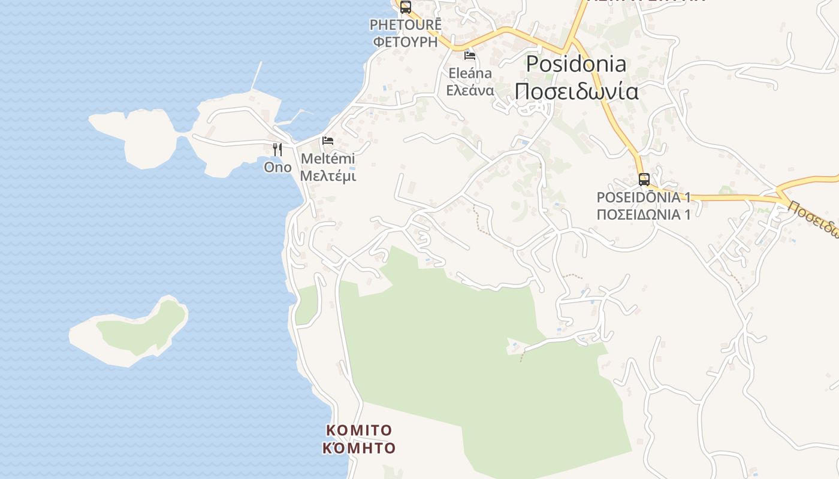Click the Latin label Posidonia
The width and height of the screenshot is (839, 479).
point(576,64)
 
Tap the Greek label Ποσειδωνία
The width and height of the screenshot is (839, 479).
point(576,92)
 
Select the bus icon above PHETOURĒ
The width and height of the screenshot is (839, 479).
point(406,7)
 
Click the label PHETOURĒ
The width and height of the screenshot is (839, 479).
point(406,25)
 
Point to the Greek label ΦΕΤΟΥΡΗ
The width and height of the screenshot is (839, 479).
point(406,41)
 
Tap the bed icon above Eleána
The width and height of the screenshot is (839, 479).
point(470,56)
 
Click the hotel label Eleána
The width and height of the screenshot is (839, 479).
point(470,74)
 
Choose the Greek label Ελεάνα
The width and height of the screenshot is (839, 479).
point(470,90)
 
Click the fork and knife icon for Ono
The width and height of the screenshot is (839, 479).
point(277,150)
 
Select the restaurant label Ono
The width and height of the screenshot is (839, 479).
point(277,168)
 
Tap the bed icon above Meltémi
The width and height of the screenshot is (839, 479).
point(328,141)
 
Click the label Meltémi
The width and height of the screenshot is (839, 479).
point(328,159)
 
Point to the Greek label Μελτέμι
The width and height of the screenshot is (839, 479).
point(328,176)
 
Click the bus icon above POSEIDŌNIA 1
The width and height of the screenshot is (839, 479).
point(644,179)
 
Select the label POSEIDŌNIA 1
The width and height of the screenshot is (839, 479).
point(644,198)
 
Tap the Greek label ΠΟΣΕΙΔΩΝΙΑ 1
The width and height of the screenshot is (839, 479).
point(644,214)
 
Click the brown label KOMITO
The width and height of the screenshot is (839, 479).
point(359,431)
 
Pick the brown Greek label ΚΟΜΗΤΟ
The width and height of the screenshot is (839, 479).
point(359,448)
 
